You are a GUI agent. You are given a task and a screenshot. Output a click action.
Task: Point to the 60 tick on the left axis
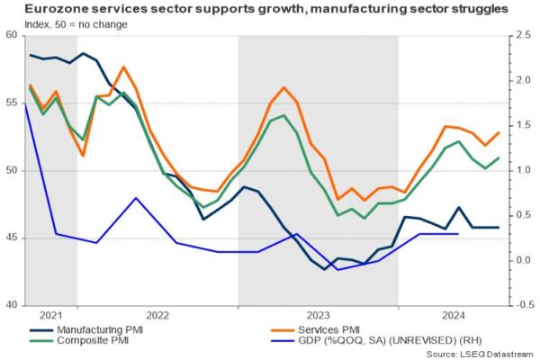click(x=13, y=35)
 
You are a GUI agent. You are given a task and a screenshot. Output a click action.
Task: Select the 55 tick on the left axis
click(x=13, y=103)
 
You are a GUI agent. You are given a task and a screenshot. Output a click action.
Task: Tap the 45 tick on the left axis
click(x=13, y=238)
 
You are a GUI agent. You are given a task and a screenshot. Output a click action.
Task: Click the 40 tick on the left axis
click(x=13, y=306)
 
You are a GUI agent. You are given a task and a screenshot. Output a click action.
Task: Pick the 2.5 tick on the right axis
click(x=518, y=35)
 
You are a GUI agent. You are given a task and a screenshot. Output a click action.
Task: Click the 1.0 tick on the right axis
click(x=518, y=171)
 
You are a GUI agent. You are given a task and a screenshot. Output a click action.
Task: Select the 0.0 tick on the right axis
click(x=518, y=261)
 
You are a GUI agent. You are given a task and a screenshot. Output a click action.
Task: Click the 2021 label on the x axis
click(x=51, y=316)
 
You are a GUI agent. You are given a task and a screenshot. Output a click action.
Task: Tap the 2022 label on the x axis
click(x=157, y=316)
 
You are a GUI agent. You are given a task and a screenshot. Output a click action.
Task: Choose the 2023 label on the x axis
click(x=318, y=316)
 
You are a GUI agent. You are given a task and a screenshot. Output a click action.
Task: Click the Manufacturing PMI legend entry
click(x=99, y=329)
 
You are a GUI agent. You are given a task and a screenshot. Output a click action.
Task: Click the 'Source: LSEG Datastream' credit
click(x=477, y=355)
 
